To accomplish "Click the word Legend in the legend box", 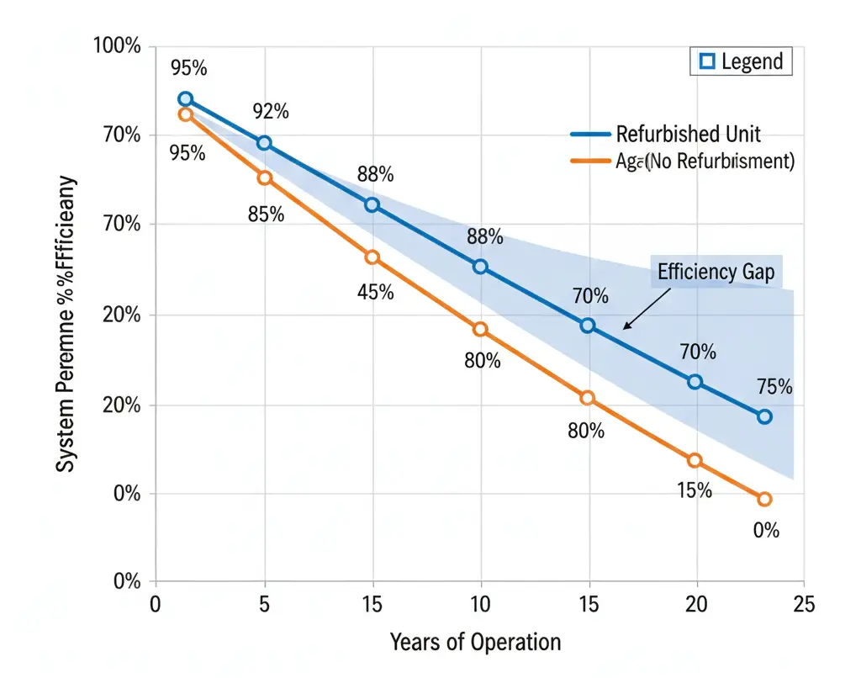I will tap(751, 61).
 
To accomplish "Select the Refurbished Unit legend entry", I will tap(688, 134).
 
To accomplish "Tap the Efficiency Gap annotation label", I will tap(716, 272).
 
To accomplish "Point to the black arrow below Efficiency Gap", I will tap(647, 309).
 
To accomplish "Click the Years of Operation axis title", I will tap(475, 643).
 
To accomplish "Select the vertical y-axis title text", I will tap(66, 324).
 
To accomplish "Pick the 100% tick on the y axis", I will tap(116, 45).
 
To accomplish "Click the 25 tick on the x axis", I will tap(803, 603).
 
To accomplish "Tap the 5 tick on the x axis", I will tap(265, 603).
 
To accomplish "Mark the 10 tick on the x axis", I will tap(480, 603).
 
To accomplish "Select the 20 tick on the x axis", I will tap(695, 603).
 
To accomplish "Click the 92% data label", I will tap(271, 111).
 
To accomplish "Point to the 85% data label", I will tap(266, 215).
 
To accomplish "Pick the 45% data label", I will tap(375, 293).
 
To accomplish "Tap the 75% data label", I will tap(774, 387).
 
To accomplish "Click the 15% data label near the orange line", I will tap(695, 490).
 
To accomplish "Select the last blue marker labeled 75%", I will tap(764, 416).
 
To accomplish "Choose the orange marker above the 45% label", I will tap(372, 257).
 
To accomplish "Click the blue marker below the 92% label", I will tap(264, 143).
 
